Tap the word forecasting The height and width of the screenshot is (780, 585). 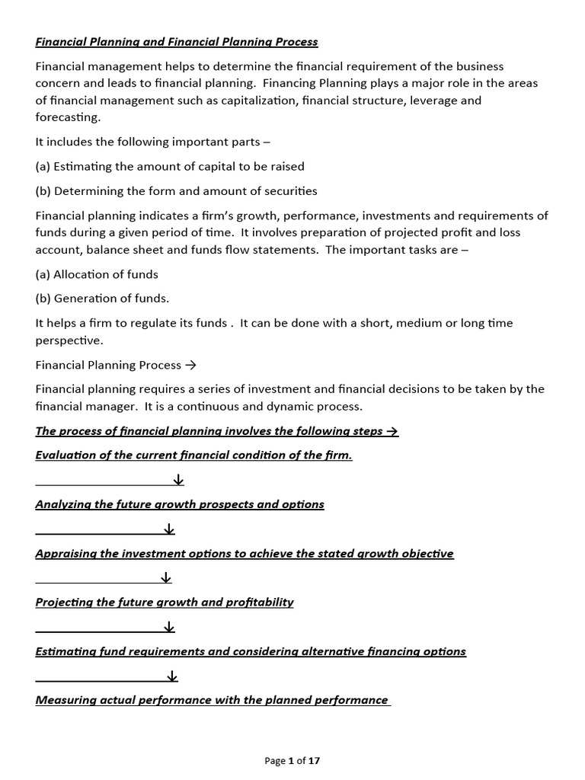[x=67, y=117]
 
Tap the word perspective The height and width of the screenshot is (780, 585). [x=69, y=340]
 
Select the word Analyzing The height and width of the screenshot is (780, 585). [x=64, y=504]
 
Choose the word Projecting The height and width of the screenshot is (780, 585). [x=65, y=602]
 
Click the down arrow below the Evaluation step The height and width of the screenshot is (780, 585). [x=178, y=480]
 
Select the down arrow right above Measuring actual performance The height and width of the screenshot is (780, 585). [x=171, y=676]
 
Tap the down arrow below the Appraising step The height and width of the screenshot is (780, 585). [x=166, y=578]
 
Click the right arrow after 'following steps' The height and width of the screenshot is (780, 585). [x=392, y=431]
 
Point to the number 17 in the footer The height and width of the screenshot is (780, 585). [x=314, y=761]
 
